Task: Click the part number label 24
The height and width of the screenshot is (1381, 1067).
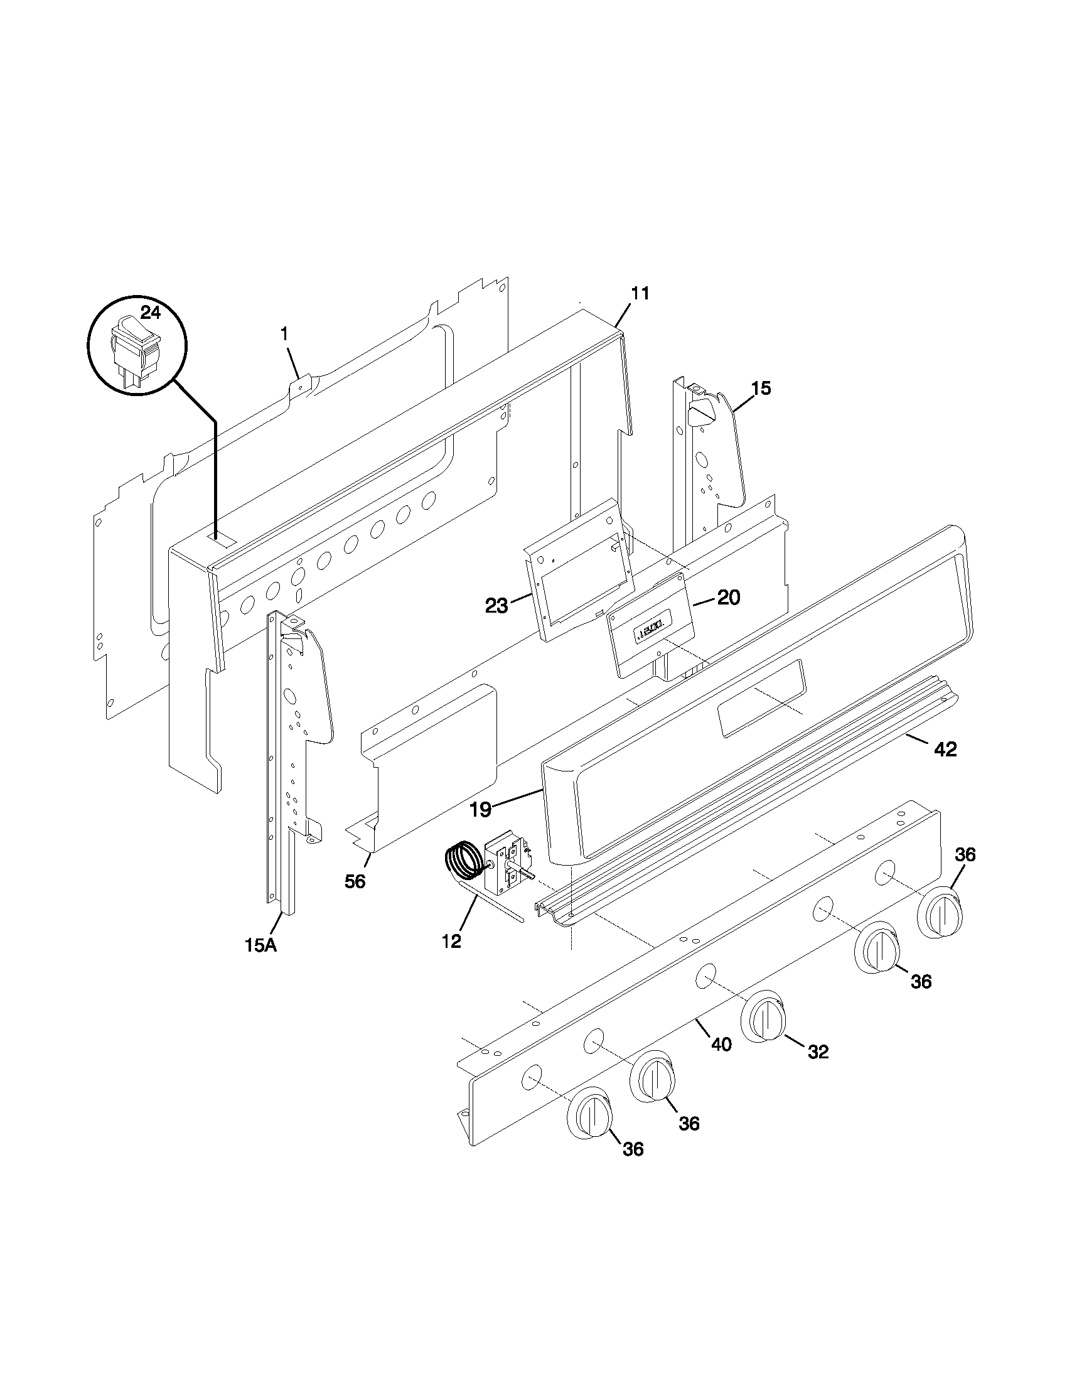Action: (151, 313)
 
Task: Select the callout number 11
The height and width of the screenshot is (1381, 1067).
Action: (640, 293)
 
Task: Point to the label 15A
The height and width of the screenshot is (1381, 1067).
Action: (261, 962)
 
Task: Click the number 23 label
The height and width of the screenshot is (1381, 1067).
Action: (496, 606)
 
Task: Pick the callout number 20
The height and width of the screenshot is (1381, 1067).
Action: (729, 598)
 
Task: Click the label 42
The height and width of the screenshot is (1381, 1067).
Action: (946, 750)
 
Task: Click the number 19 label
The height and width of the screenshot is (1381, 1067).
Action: (480, 809)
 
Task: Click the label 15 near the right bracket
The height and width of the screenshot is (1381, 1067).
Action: (762, 388)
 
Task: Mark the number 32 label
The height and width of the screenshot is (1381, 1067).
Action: (818, 1051)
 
